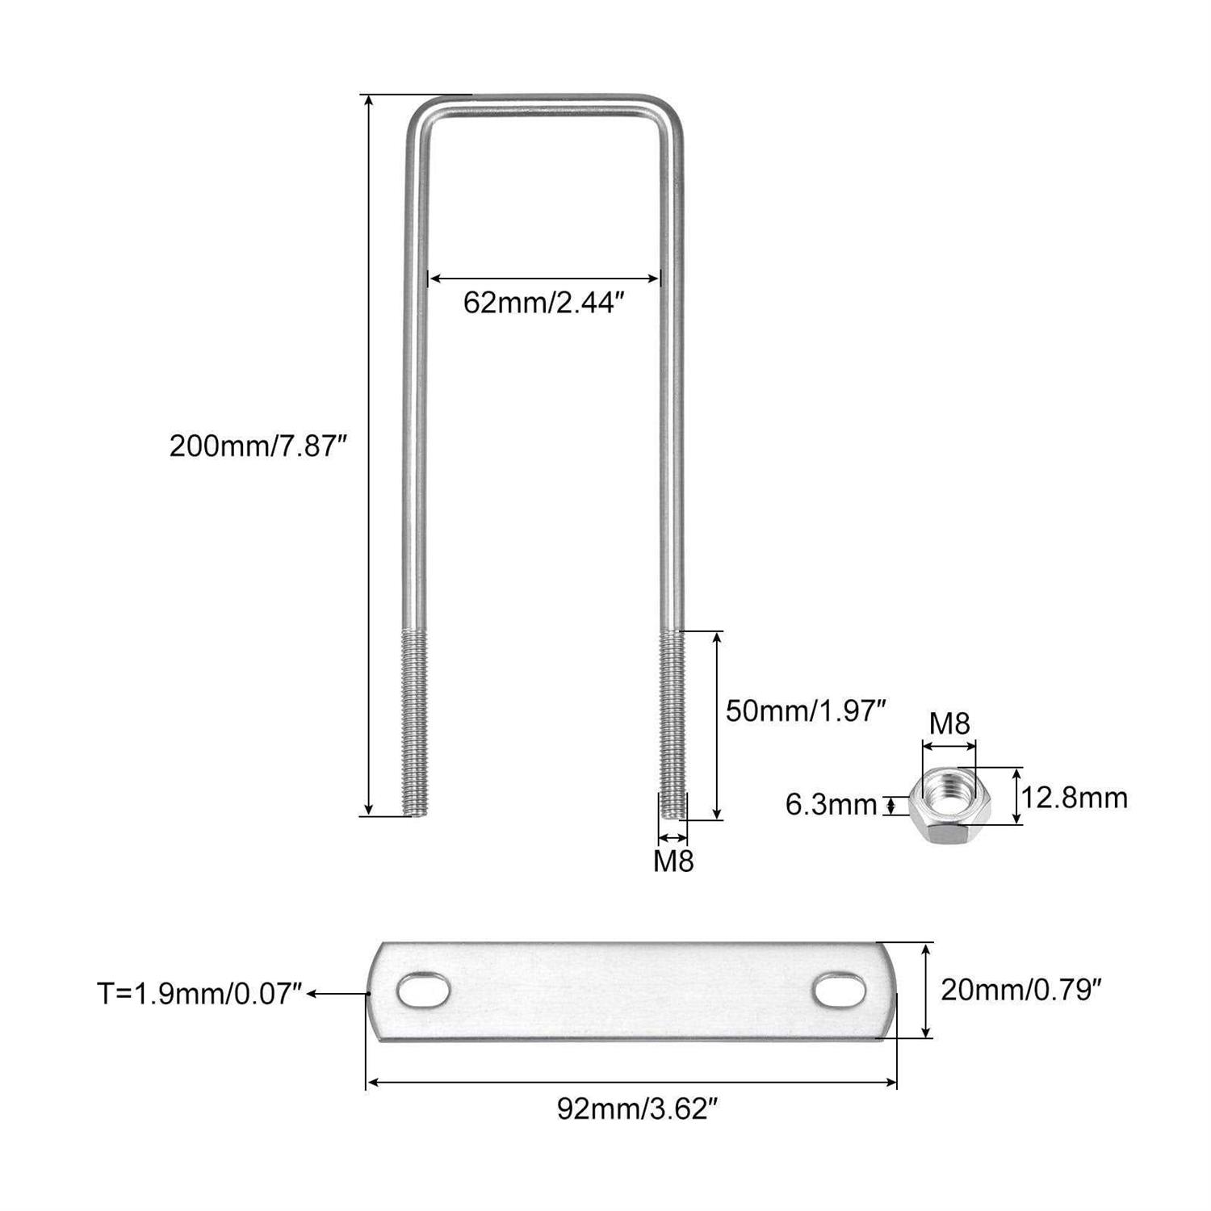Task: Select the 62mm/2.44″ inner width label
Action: [x=544, y=304]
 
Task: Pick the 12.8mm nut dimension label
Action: [x=1074, y=798]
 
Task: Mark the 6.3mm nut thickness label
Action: [x=831, y=805]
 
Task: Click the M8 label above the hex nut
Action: [x=949, y=723]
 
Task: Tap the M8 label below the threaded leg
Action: [x=673, y=862]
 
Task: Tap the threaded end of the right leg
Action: [x=673, y=723]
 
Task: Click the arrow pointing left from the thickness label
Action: [x=338, y=993]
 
